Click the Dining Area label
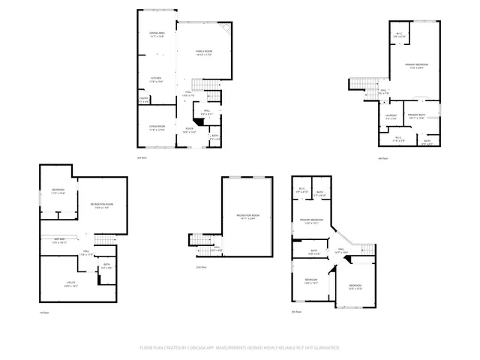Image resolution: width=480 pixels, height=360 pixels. coord(156,34)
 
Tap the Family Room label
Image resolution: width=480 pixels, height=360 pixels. coord(205,52)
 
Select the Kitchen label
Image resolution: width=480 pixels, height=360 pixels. coord(156,79)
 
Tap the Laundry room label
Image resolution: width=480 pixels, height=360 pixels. coord(390,116)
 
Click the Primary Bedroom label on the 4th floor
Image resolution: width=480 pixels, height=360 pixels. coord(415,67)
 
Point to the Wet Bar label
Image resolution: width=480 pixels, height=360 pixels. coord(59,241)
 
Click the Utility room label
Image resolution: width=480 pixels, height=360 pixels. coord(70,283)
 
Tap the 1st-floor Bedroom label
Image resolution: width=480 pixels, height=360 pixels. coord(58,192)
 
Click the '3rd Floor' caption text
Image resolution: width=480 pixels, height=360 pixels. coord(141,157)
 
